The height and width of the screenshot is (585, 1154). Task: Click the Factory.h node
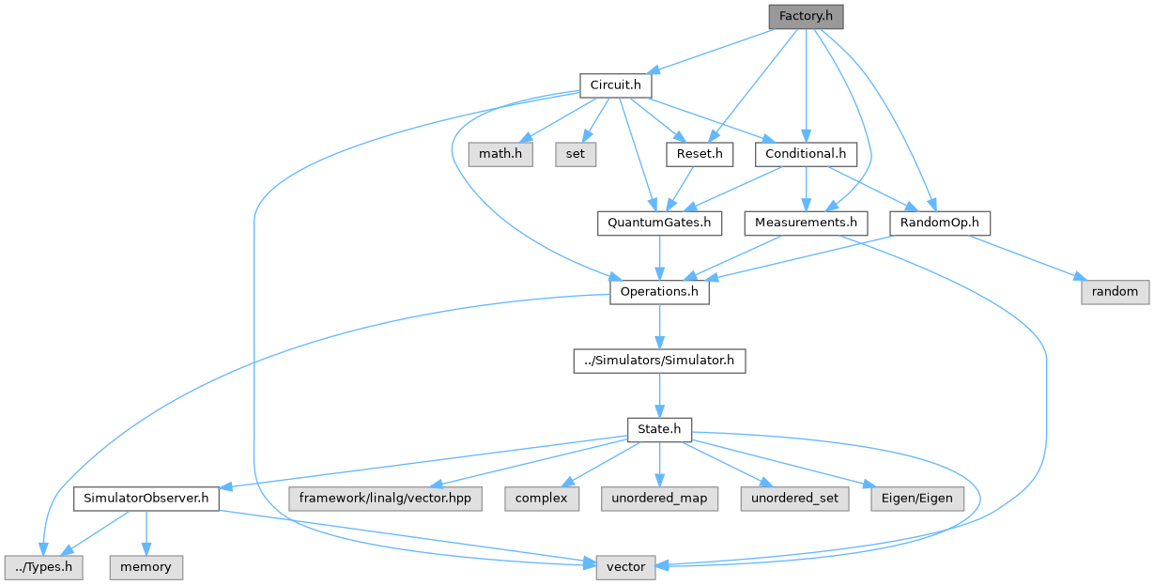pyautogui.click(x=805, y=17)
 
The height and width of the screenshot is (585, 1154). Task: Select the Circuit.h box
pyautogui.click(x=615, y=85)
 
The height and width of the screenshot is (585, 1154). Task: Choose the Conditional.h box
pyautogui.click(x=806, y=154)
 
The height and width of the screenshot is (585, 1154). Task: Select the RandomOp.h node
pyautogui.click(x=940, y=223)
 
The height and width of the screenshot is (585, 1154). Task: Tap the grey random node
pyautogui.click(x=1115, y=292)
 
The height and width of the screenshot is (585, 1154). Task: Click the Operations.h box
pyautogui.click(x=659, y=292)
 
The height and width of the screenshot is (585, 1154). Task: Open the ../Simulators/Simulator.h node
pyautogui.click(x=659, y=361)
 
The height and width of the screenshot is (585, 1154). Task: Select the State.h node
pyautogui.click(x=659, y=430)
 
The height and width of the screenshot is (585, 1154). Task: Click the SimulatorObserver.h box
pyautogui.click(x=146, y=499)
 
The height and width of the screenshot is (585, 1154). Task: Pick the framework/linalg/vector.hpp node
pyautogui.click(x=387, y=499)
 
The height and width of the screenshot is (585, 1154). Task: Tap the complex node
pyautogui.click(x=541, y=499)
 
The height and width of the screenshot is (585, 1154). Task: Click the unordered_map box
pyautogui.click(x=659, y=499)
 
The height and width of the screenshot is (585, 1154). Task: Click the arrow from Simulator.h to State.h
pyautogui.click(x=659, y=395)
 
